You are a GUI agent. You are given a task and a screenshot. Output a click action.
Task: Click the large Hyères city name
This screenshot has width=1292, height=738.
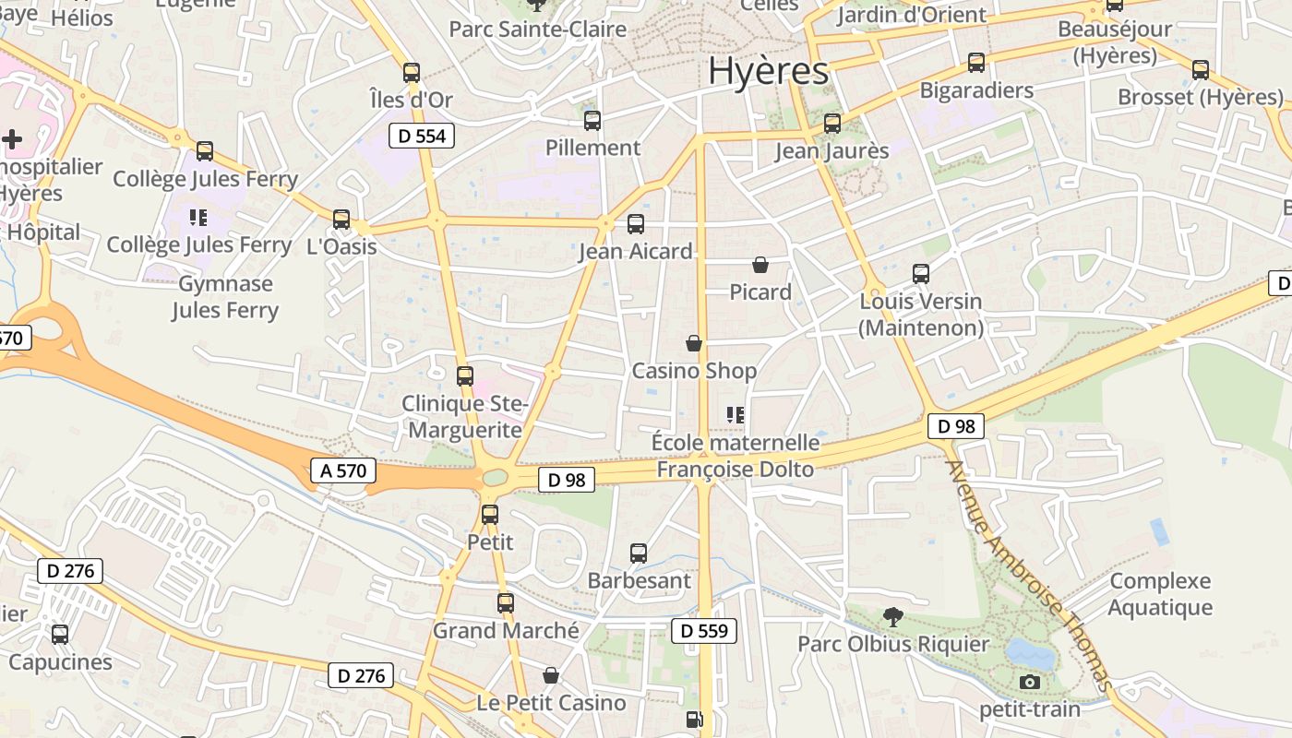click(x=768, y=70)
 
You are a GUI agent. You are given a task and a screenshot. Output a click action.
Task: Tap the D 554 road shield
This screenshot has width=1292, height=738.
click(x=422, y=137)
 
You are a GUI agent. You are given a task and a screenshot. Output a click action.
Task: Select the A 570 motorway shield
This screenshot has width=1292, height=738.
click(x=343, y=470)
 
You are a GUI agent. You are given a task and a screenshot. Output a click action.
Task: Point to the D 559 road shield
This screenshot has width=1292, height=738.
click(x=704, y=631)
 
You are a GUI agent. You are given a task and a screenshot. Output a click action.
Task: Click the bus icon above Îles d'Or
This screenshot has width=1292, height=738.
click(x=412, y=72)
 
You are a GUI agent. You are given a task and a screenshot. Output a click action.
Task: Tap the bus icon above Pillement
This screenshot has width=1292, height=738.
click(x=592, y=120)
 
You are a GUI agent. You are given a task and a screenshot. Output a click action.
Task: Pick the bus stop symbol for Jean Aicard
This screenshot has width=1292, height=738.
click(x=635, y=223)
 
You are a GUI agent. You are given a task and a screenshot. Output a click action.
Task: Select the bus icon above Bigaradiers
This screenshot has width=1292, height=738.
click(x=976, y=63)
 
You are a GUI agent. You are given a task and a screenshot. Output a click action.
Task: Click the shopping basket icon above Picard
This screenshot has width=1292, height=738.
click(x=760, y=266)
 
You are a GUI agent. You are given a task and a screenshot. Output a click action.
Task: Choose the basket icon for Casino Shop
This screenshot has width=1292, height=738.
click(x=694, y=344)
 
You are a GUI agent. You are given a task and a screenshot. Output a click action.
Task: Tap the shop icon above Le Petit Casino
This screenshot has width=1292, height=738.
click(x=551, y=676)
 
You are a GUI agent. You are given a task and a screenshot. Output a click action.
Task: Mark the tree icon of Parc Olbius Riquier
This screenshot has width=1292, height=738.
click(x=892, y=616)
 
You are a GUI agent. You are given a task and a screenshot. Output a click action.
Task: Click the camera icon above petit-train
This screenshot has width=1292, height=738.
click(x=1030, y=683)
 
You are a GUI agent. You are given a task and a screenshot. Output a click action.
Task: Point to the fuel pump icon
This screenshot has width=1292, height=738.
click(x=694, y=720)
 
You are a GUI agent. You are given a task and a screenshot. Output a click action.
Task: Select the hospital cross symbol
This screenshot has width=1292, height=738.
click(x=12, y=140)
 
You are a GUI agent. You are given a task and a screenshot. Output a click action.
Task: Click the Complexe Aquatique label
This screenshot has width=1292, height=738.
click(x=1160, y=594)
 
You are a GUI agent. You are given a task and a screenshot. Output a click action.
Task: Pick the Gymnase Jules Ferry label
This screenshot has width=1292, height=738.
click(x=225, y=297)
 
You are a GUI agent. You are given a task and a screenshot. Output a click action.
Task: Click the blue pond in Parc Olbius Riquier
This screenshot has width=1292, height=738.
click(x=1030, y=654)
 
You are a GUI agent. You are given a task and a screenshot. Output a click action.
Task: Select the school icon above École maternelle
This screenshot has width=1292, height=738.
click(x=736, y=415)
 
